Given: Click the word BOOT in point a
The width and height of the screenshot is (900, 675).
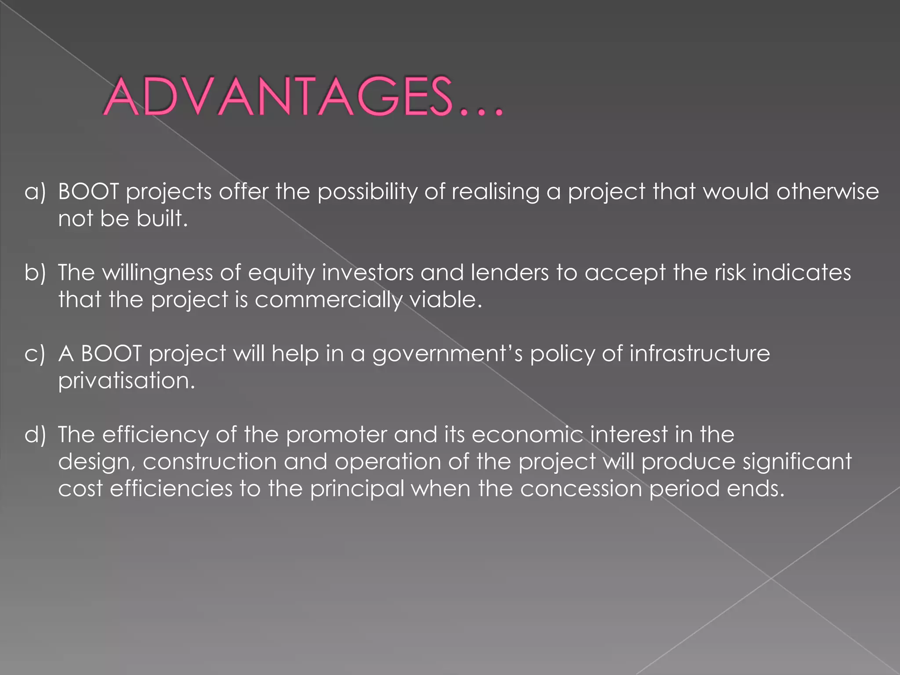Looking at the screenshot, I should tap(88, 192).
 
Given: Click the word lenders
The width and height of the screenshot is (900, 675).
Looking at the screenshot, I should tap(510, 272).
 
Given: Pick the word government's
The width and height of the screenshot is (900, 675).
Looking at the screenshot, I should tap(447, 354).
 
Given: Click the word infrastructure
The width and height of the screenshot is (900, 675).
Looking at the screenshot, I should tap(700, 354).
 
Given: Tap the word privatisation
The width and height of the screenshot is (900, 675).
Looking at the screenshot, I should tap(127, 381).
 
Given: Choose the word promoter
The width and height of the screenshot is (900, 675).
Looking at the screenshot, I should tap(337, 435).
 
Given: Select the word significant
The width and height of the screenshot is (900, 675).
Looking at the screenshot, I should tap(797, 462).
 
